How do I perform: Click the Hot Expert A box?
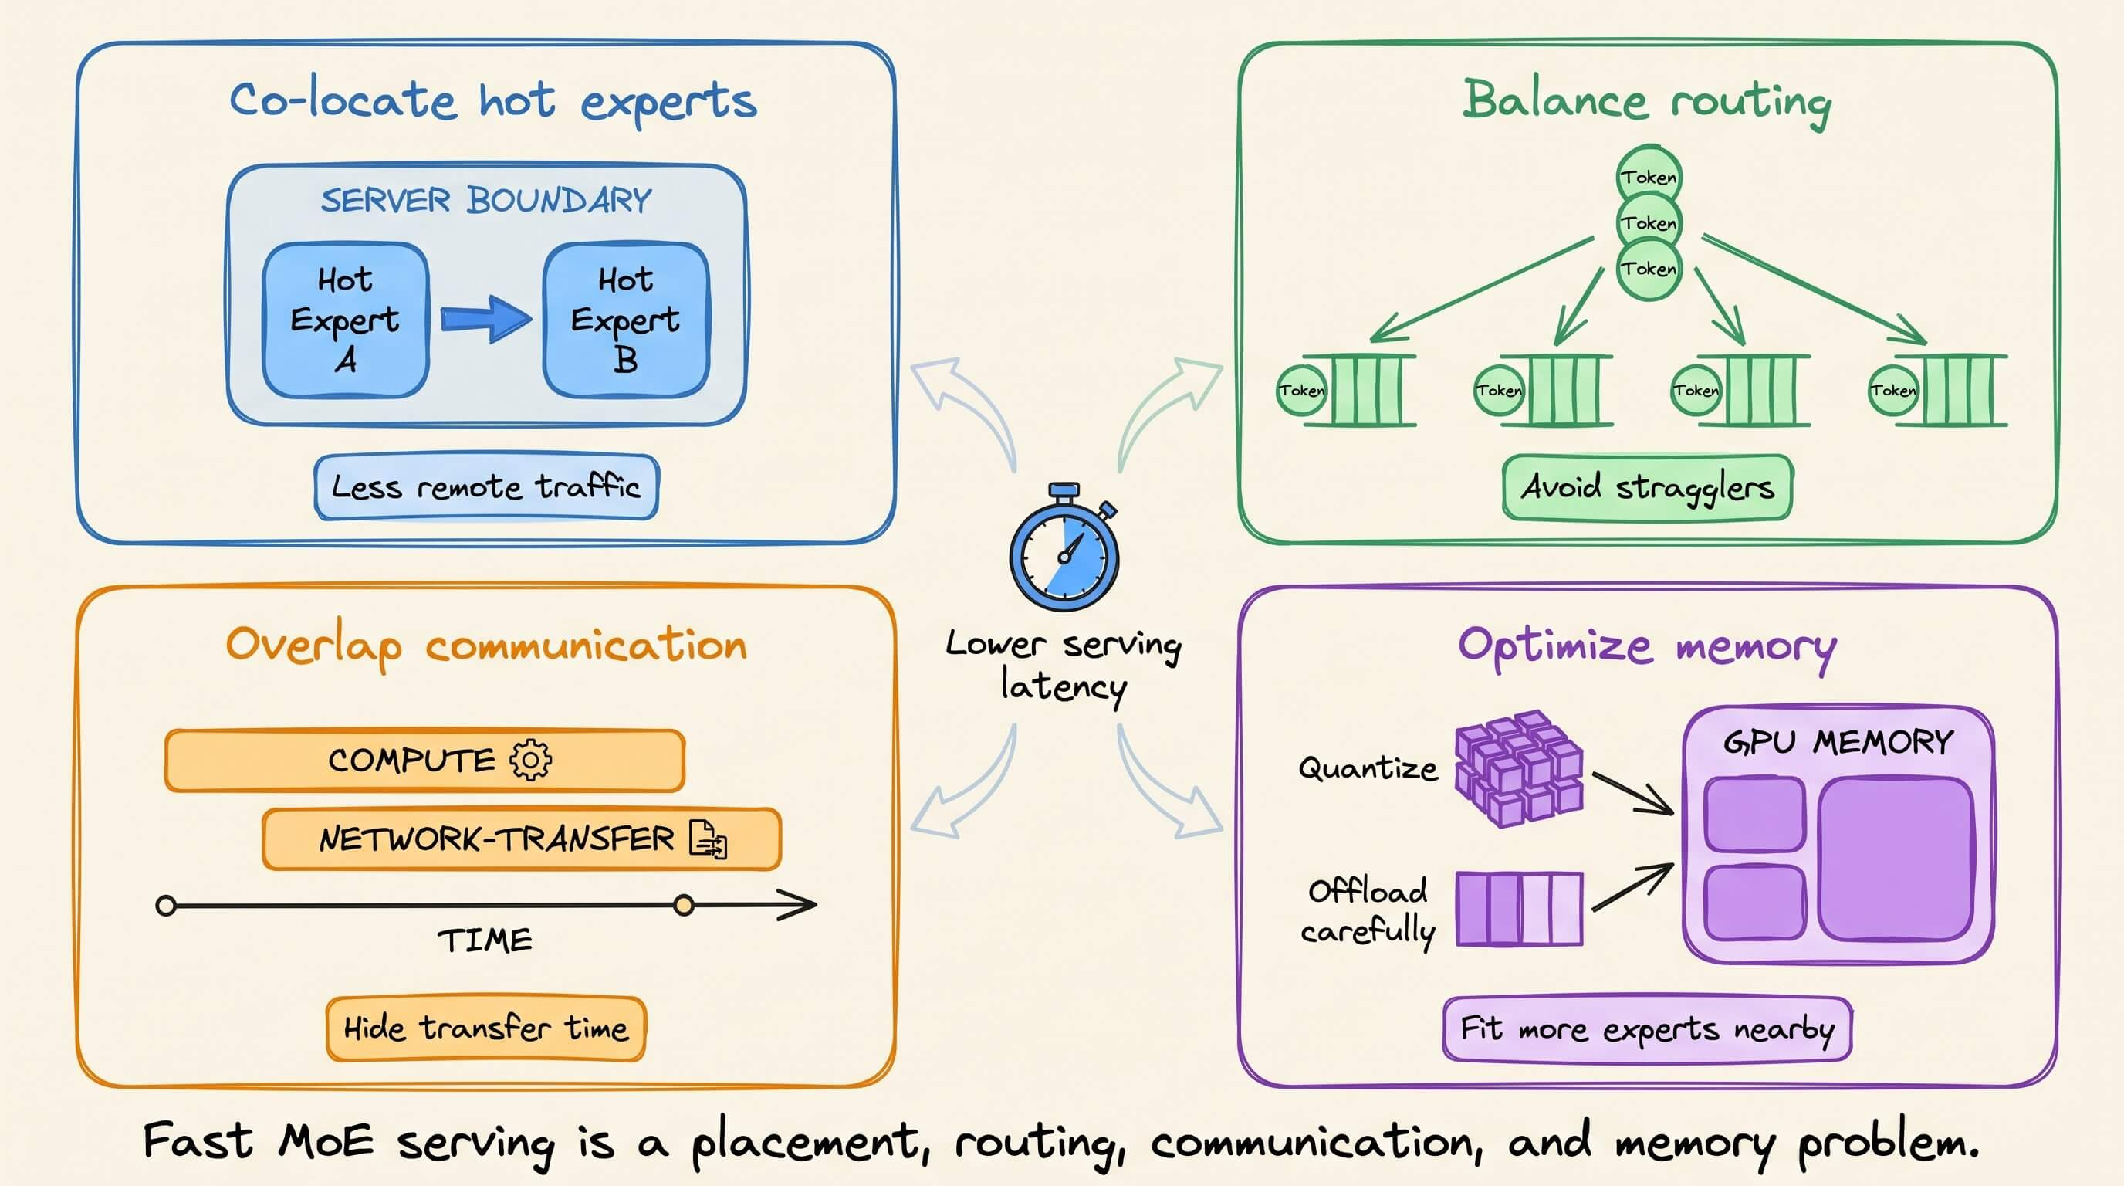346,320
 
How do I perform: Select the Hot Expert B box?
626,320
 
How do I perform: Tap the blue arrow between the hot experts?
486,319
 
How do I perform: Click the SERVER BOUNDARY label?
486,201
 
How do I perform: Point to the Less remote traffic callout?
486,486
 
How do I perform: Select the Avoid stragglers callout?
1648,487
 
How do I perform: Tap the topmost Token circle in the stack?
1649,176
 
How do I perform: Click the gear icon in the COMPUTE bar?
531,760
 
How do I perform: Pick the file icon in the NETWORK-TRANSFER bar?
709,839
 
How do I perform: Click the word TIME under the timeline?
485,940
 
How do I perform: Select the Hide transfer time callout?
486,1028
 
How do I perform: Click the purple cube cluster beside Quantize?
1519,769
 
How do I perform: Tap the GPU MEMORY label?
1838,742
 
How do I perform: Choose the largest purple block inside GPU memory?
1896,859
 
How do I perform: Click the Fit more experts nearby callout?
1648,1029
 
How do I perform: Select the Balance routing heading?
1648,101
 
